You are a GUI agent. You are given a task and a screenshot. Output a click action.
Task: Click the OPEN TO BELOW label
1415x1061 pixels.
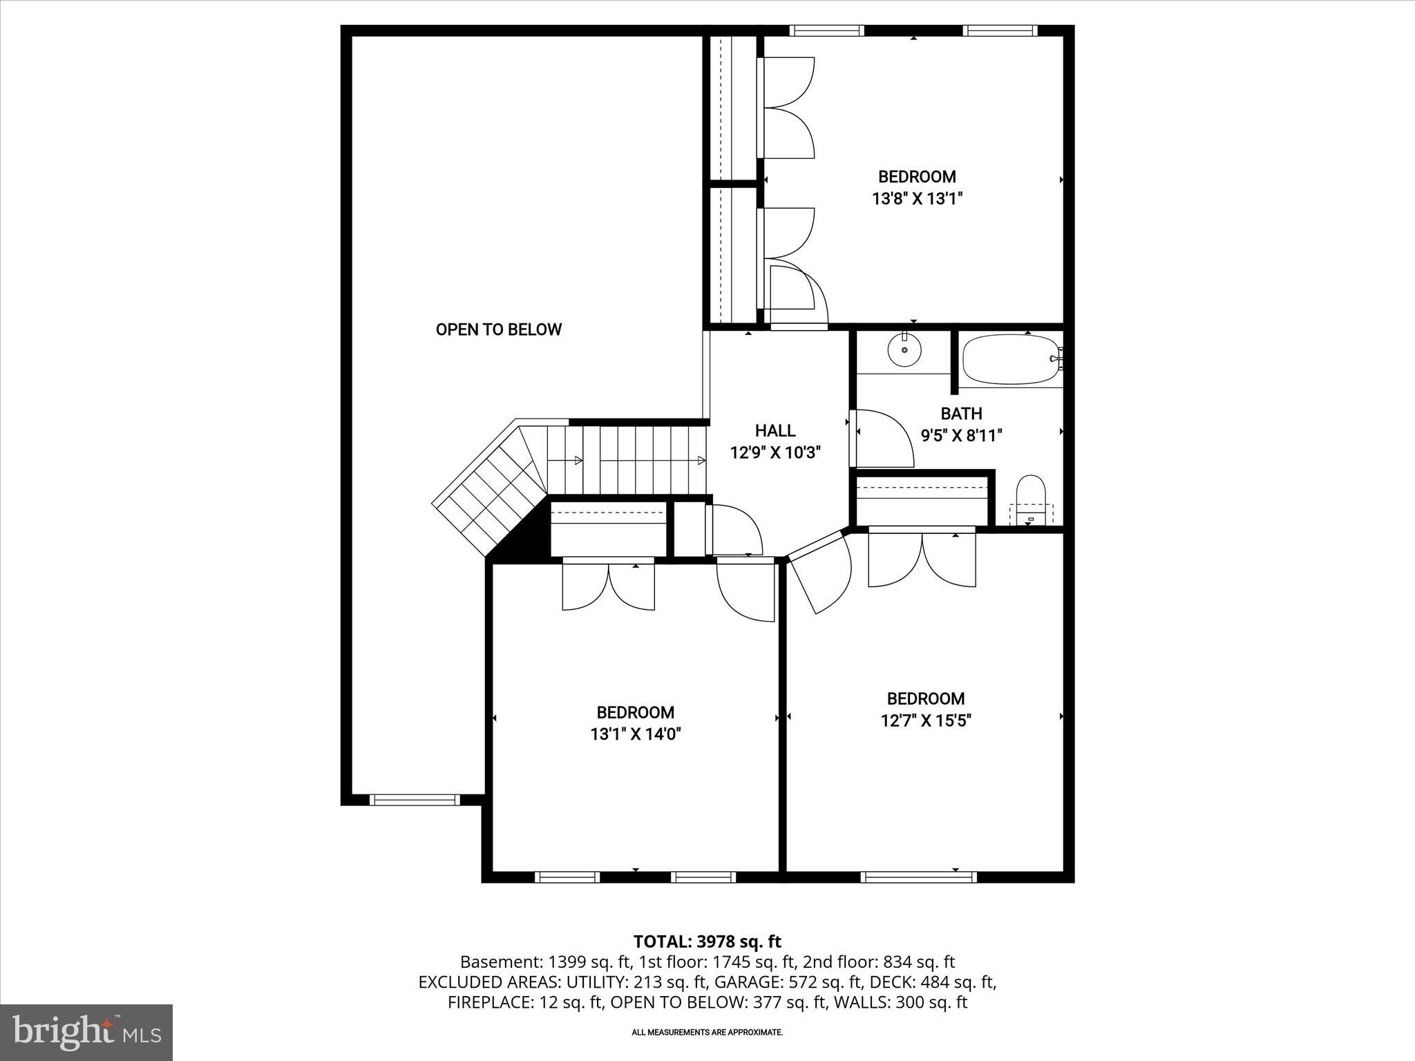point(498,329)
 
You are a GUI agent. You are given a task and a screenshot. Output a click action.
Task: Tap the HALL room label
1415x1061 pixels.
point(775,430)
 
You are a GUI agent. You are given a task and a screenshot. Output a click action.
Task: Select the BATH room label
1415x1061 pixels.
point(961,414)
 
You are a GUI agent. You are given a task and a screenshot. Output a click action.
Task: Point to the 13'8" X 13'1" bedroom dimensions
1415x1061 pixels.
point(917,199)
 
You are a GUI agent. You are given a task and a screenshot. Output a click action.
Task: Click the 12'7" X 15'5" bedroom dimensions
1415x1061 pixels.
point(926,721)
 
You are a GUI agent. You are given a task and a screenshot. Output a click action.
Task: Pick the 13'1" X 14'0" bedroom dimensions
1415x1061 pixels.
point(636,734)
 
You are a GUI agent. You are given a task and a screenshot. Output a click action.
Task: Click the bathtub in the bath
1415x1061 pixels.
point(1010,359)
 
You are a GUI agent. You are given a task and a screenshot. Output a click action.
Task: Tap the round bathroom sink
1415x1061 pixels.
point(904,350)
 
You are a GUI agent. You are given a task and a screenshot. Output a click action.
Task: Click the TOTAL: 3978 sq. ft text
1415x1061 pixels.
point(707,941)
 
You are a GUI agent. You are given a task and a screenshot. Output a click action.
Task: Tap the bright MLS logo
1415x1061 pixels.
point(86,1033)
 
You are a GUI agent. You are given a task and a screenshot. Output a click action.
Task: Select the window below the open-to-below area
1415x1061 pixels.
point(415,800)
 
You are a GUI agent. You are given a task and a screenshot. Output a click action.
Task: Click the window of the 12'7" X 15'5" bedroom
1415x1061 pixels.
point(918,877)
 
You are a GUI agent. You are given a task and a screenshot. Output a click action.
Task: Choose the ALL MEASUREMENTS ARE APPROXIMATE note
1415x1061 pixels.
point(707,1033)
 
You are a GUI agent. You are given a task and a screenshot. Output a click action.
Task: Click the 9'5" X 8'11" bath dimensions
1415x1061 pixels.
point(961,436)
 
